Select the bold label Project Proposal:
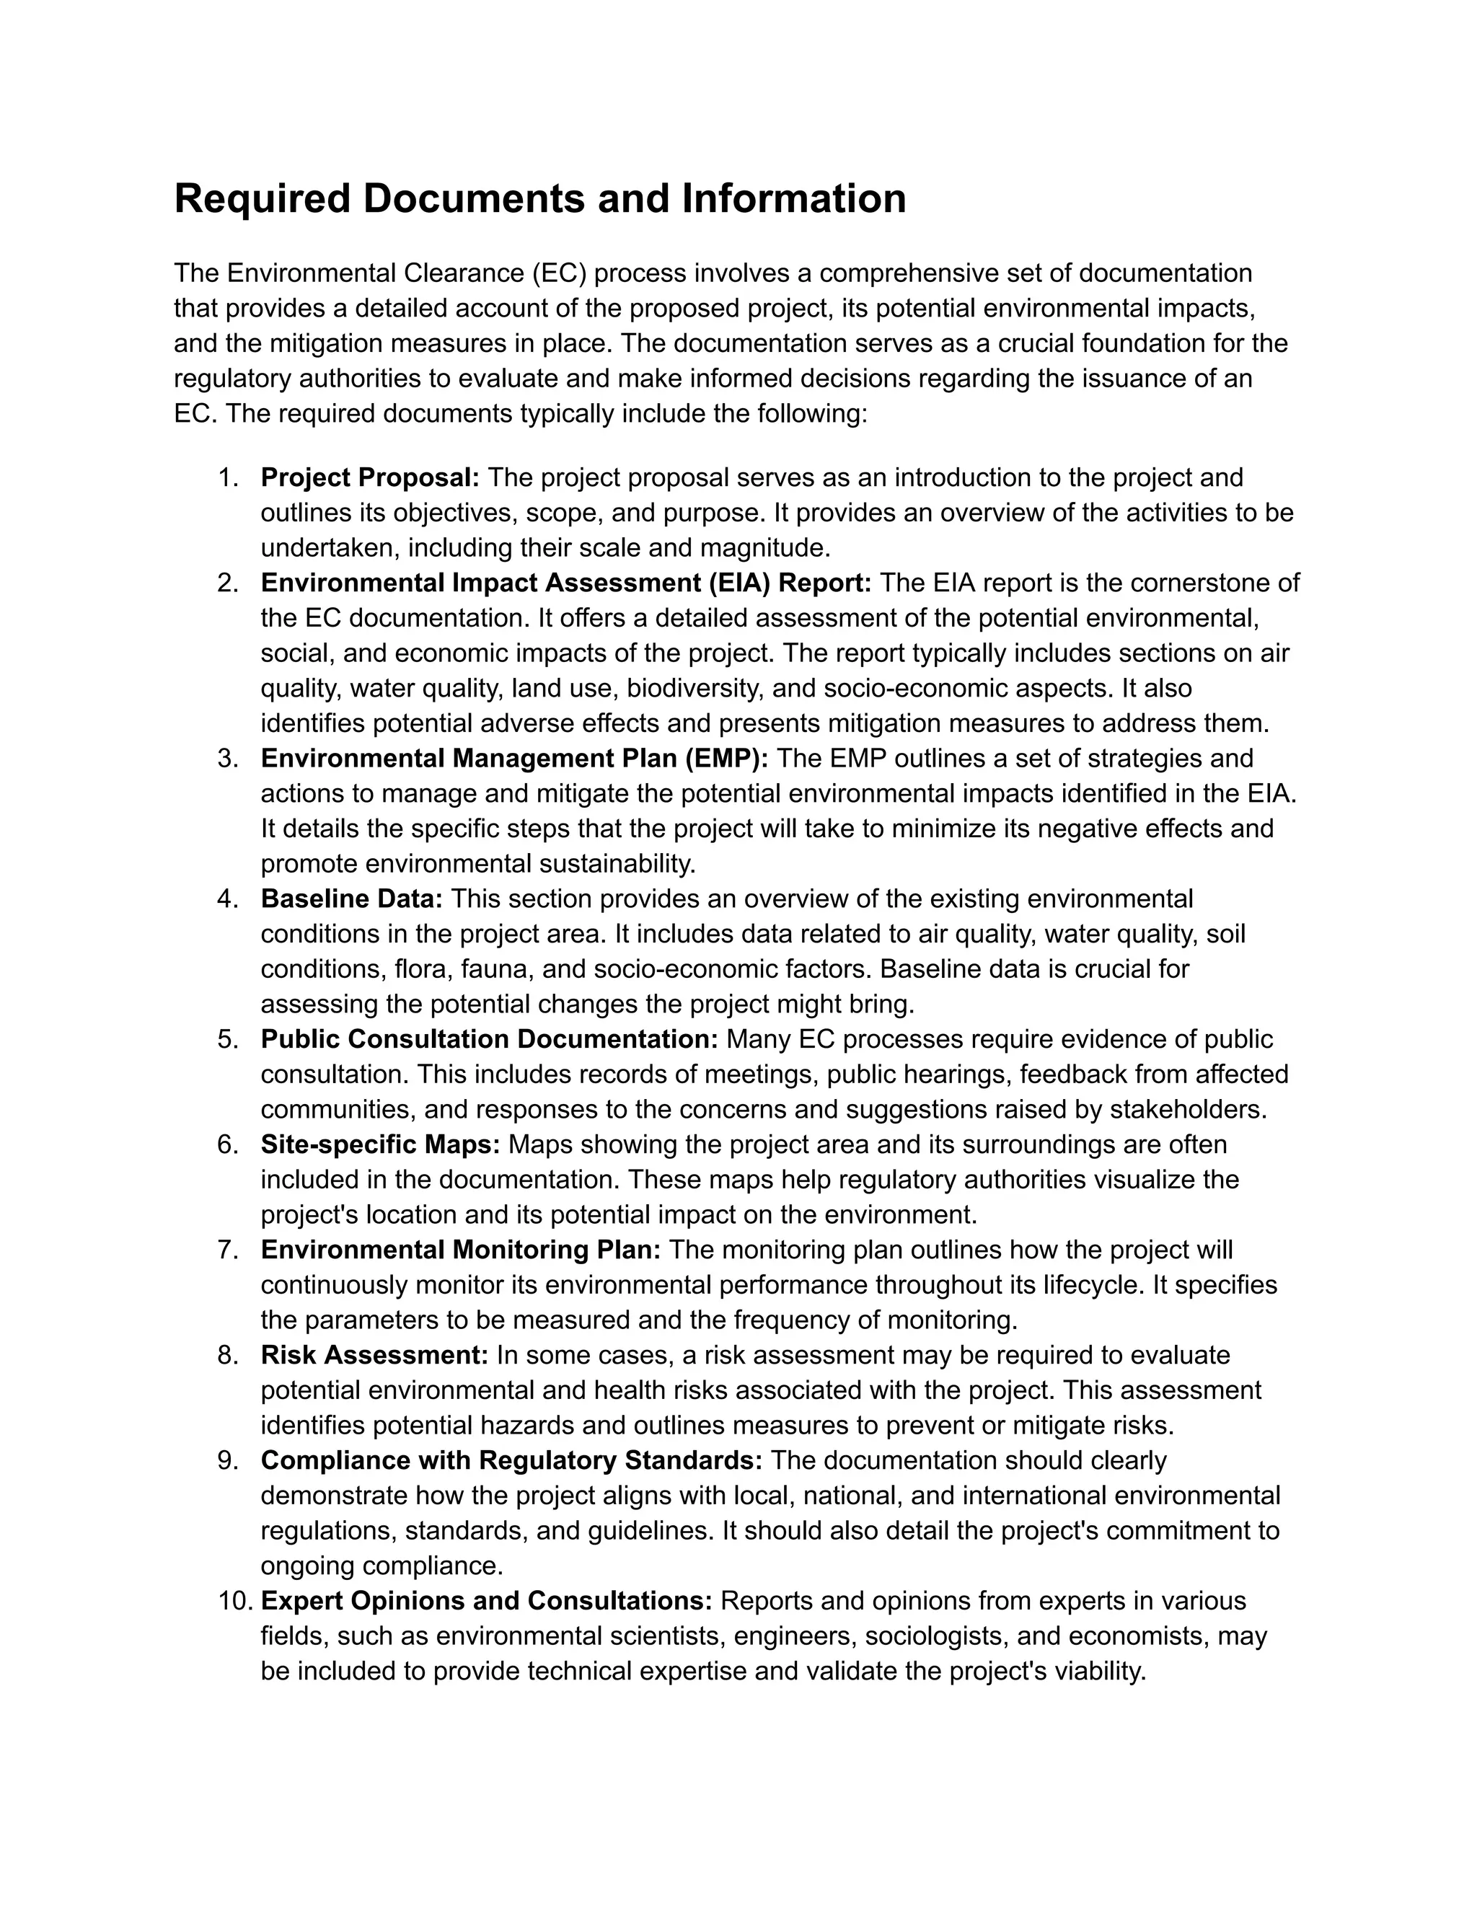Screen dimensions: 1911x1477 [x=370, y=477]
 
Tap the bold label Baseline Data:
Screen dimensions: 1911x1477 [x=352, y=899]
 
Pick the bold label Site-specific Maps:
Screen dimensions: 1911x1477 [x=381, y=1144]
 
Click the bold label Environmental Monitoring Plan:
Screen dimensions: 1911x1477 [x=461, y=1250]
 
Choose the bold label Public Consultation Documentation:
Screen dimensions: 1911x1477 [x=489, y=1039]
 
